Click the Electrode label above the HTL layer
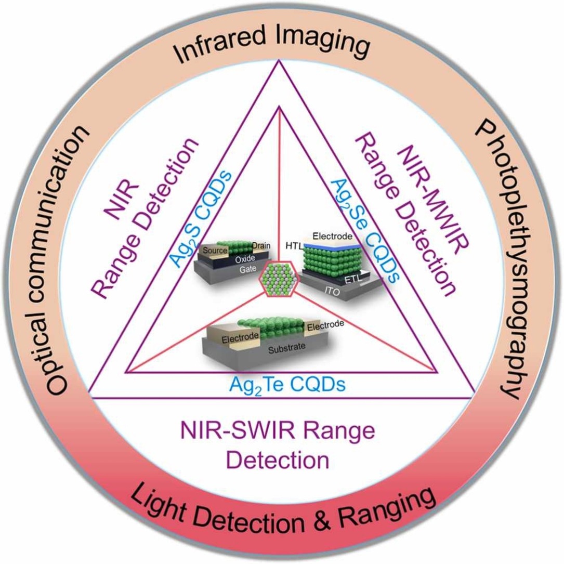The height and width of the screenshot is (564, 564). click(334, 237)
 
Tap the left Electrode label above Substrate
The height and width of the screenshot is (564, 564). click(240, 338)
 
